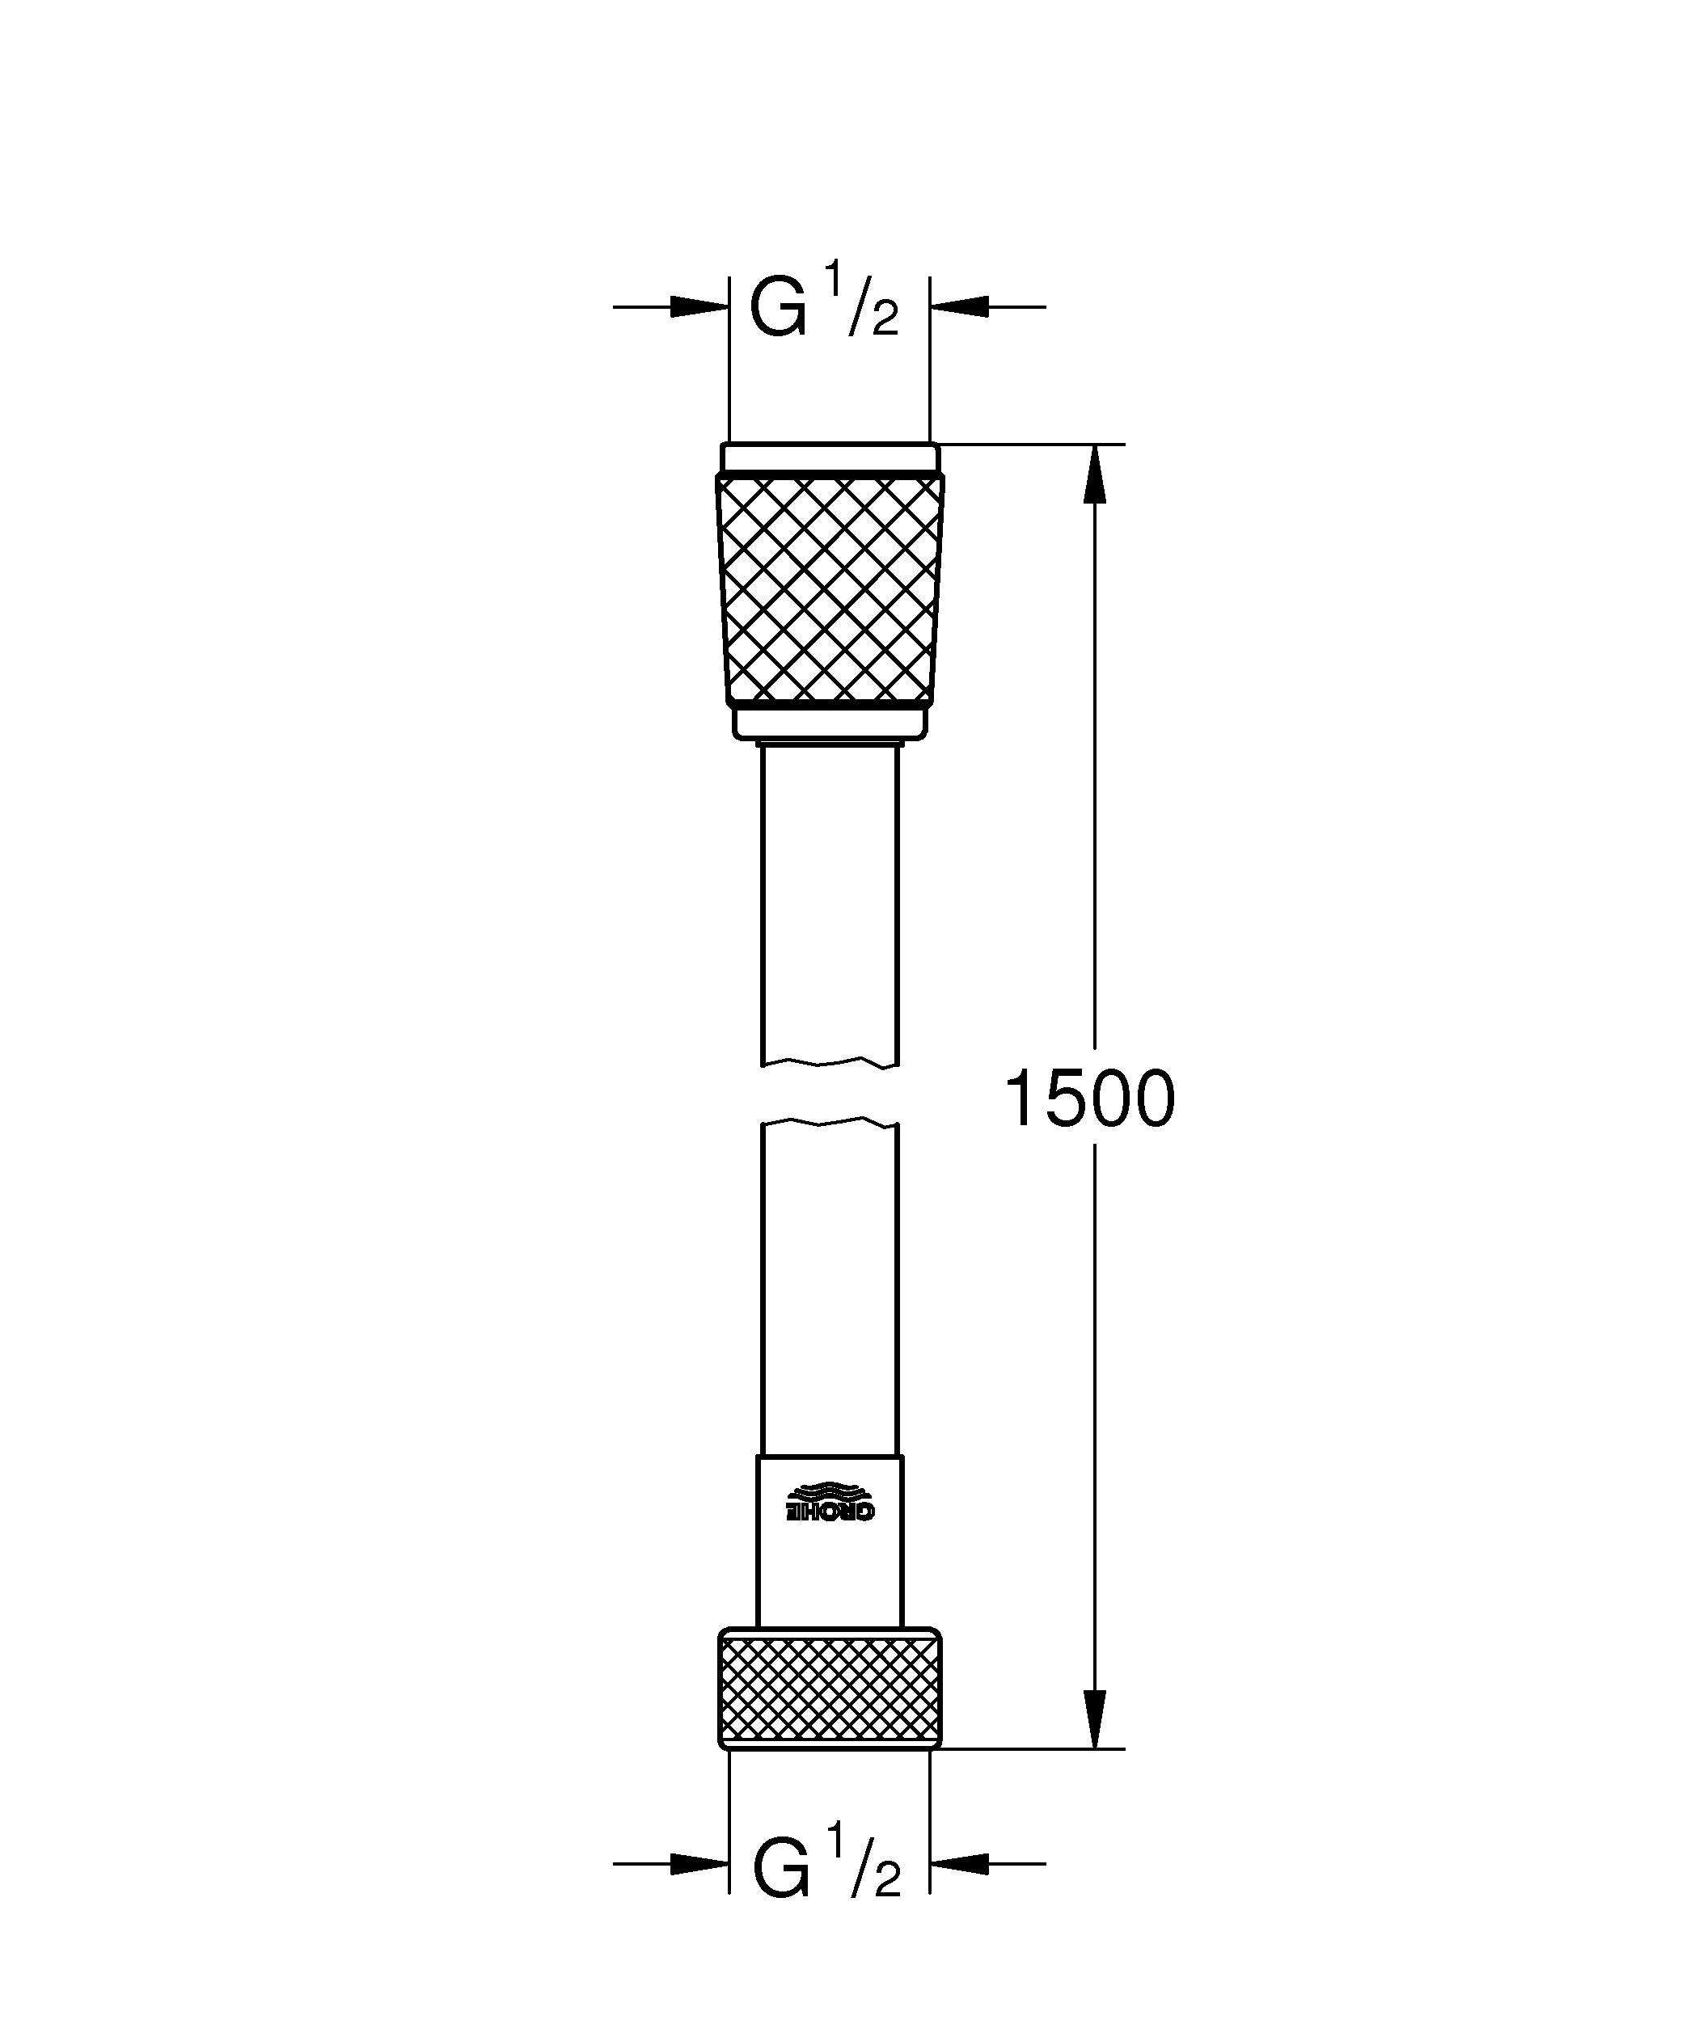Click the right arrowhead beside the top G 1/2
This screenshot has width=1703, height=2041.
click(959, 307)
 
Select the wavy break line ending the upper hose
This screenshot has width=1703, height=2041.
click(829, 1061)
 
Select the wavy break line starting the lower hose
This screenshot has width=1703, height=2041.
click(829, 1124)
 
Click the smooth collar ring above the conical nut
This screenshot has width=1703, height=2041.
click(829, 458)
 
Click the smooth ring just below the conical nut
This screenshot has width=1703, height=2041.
click(829, 722)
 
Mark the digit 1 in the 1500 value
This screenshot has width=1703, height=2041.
click(1023, 1099)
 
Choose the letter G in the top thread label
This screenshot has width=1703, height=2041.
click(778, 309)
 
